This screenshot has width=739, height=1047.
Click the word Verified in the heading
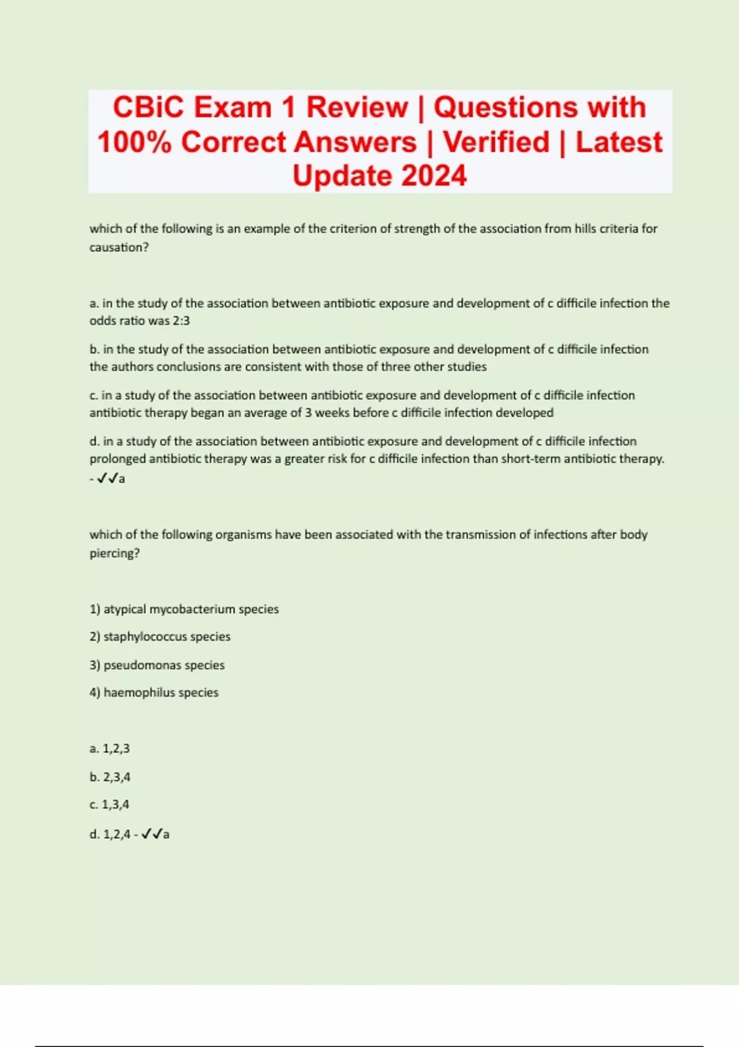[496, 142]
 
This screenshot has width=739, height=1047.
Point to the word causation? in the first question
[119, 248]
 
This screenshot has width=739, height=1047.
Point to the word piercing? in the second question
[115, 553]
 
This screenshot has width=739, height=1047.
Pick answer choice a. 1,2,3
[110, 749]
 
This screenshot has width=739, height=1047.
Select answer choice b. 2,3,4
[110, 777]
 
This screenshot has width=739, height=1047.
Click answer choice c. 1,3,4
[109, 805]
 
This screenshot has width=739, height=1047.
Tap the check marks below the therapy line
[107, 479]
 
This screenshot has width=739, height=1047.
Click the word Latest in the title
[619, 142]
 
